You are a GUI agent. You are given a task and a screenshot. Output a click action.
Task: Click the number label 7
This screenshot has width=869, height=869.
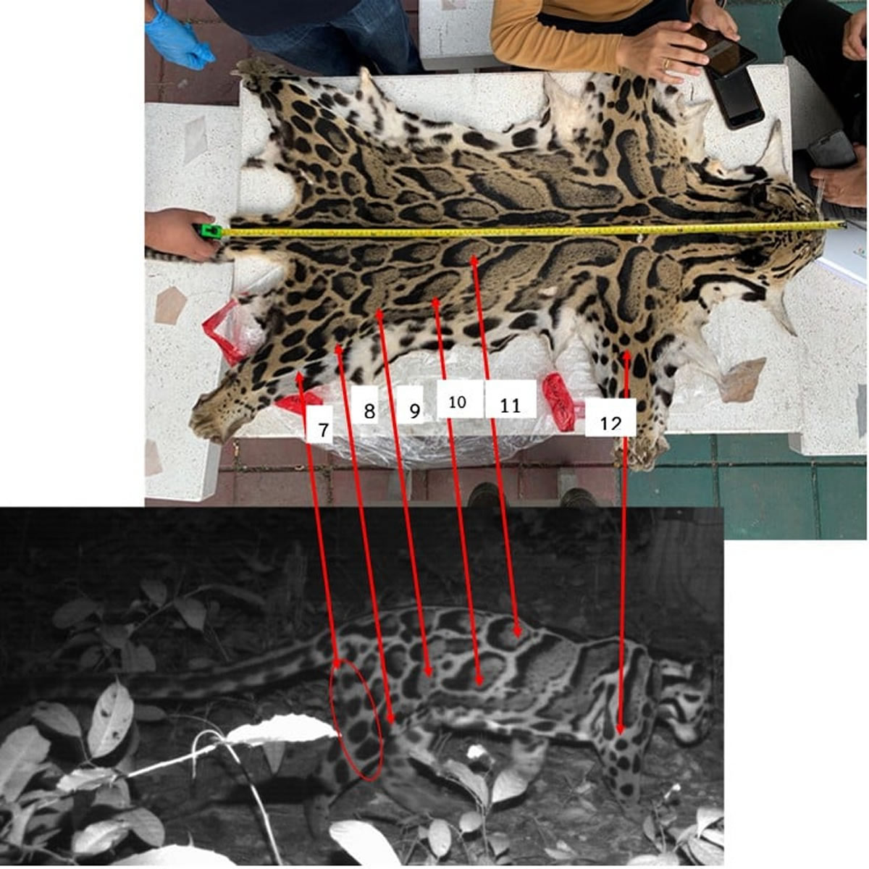(x=323, y=429)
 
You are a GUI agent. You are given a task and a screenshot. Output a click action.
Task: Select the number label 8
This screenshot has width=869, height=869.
(x=369, y=411)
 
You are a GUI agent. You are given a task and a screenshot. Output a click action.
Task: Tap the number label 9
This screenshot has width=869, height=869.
(x=415, y=411)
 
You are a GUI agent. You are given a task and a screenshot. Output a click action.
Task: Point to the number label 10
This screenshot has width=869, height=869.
(x=457, y=402)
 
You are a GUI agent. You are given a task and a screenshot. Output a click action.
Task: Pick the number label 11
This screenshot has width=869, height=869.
(x=510, y=406)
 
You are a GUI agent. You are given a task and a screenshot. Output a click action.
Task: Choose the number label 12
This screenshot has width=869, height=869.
(x=610, y=423)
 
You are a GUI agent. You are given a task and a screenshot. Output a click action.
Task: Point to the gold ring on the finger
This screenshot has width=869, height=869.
(x=666, y=64)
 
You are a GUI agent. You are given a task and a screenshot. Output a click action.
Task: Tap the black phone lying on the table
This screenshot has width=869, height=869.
(x=734, y=98)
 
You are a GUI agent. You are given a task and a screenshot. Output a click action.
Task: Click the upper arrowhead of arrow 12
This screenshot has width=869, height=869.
(x=626, y=356)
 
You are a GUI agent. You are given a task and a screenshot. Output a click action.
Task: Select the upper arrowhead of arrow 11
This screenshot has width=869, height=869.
(x=473, y=260)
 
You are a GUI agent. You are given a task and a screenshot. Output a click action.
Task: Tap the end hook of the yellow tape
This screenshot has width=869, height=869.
(x=842, y=224)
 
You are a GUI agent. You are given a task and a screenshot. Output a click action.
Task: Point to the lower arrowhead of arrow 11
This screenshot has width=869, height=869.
(x=517, y=631)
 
